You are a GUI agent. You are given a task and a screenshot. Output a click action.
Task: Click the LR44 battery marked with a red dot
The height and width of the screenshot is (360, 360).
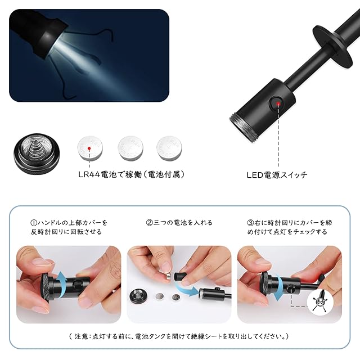pyautogui.click(x=90, y=148)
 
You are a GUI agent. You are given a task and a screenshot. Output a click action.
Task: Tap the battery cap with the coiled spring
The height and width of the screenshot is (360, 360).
pyautogui.click(x=37, y=154)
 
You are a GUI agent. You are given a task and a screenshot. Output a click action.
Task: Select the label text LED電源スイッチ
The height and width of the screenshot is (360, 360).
pyautogui.click(x=277, y=175)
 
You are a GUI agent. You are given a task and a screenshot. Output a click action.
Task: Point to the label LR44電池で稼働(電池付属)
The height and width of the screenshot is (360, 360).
pyautogui.click(x=131, y=174)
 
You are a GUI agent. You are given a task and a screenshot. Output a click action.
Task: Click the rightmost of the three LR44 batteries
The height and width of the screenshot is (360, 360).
pyautogui.click(x=169, y=148)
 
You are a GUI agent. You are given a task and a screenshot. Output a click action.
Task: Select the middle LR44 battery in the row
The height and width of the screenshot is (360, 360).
pyautogui.click(x=130, y=148)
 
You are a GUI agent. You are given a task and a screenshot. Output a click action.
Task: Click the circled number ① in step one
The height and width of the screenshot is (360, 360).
pyautogui.click(x=34, y=223)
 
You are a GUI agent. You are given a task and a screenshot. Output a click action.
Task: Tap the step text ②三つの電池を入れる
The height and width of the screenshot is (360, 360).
pyautogui.click(x=179, y=223)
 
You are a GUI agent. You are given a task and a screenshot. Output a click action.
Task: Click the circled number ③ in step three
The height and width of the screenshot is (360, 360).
pyautogui.click(x=250, y=223)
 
